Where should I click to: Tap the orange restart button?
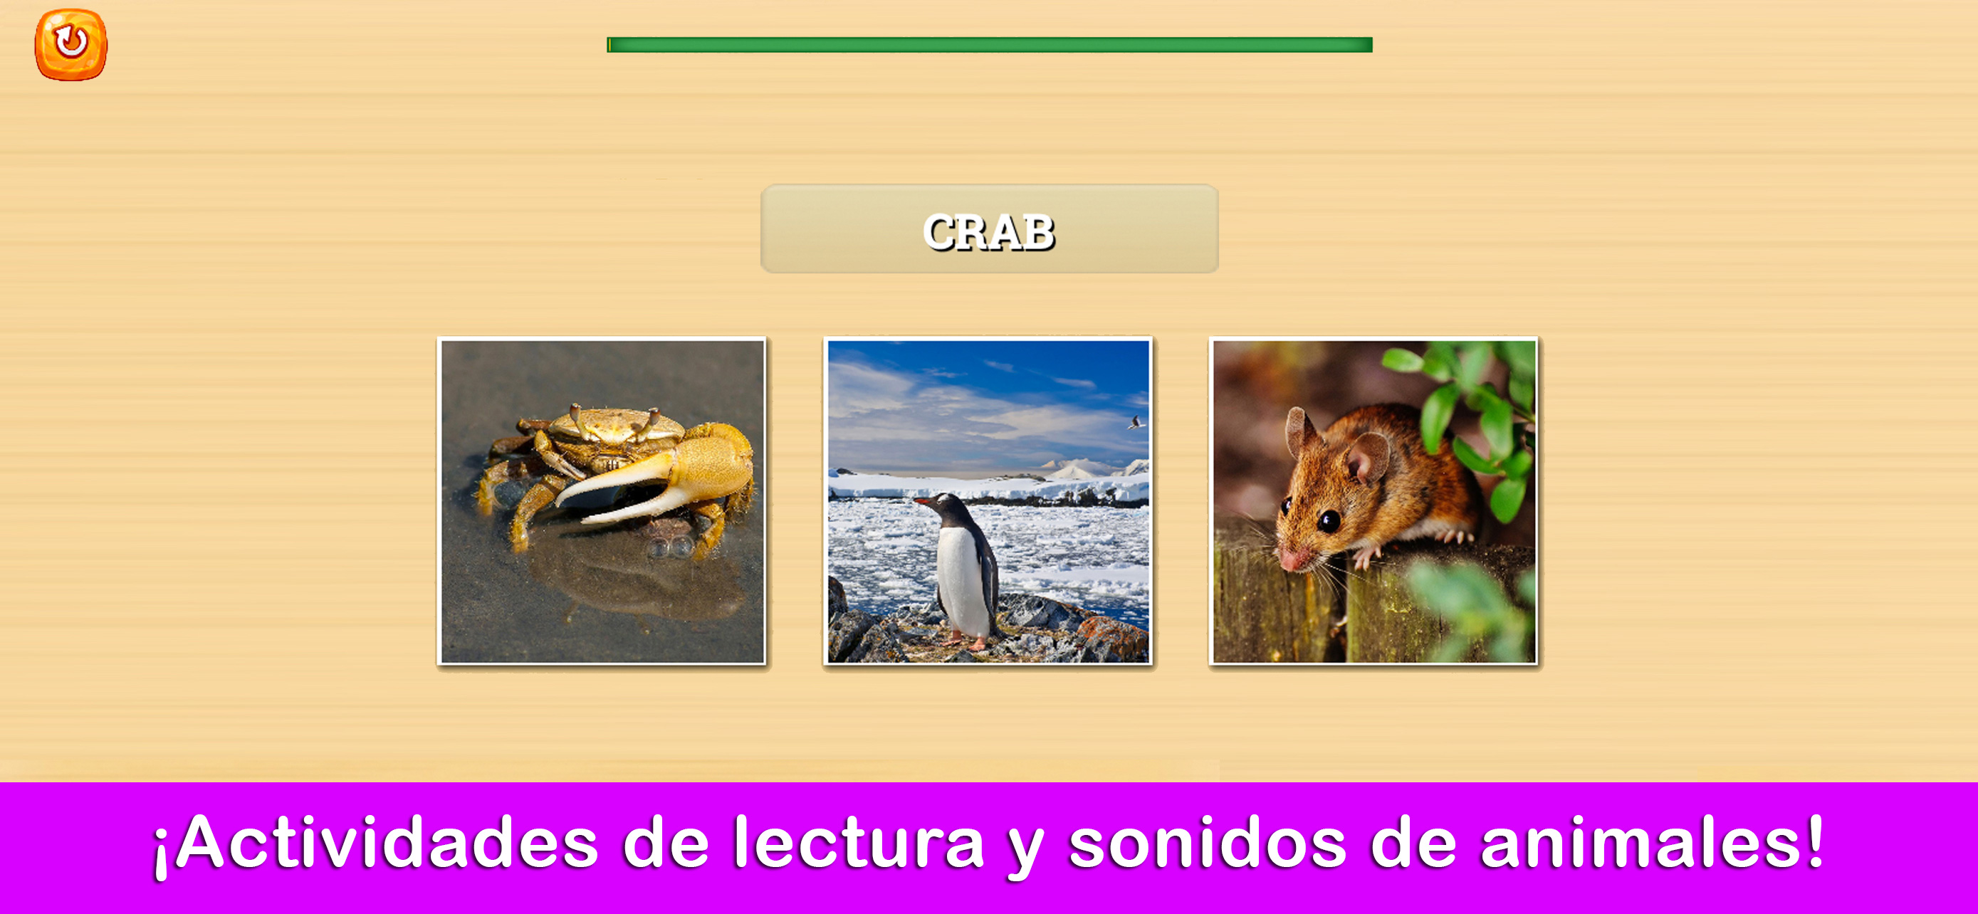(70, 43)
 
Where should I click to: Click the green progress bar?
(989, 45)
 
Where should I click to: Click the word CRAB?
(989, 233)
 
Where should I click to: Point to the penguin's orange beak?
(921, 503)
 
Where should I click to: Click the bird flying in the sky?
(1136, 422)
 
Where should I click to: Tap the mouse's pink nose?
(1290, 560)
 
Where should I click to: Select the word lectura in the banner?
(859, 843)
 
